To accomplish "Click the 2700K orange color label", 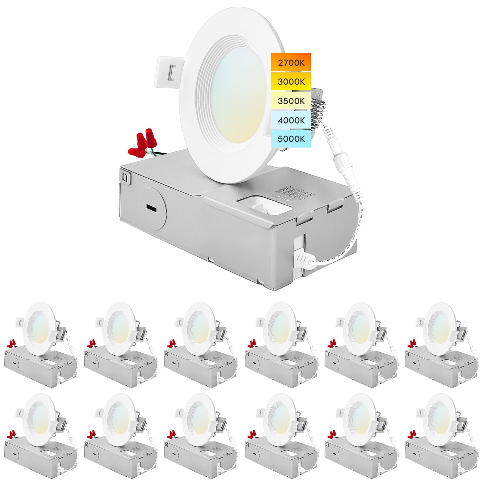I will [x=291, y=62].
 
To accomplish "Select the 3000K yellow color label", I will [x=291, y=81].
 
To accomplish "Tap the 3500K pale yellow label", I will [x=291, y=100].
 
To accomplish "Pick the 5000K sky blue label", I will [x=291, y=138].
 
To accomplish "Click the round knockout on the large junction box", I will [x=153, y=209].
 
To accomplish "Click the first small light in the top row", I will [x=41, y=345].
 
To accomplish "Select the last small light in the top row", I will [x=441, y=345].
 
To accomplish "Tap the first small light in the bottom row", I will [x=41, y=435].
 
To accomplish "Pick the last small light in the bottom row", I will [x=441, y=435].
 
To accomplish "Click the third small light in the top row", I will [x=201, y=345].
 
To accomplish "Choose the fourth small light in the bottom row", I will [x=281, y=435].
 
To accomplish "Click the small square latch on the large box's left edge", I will [x=125, y=176].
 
